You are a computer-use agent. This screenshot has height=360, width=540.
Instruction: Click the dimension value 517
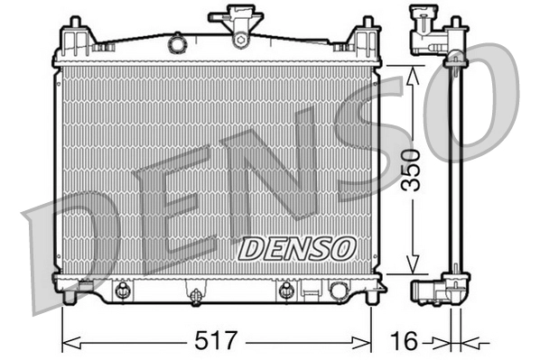pos(217,341)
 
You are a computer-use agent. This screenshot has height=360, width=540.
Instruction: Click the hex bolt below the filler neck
pos(240,38)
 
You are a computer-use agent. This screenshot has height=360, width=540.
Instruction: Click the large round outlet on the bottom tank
pos(340,291)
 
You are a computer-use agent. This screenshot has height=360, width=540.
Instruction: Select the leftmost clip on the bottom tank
pos(121,291)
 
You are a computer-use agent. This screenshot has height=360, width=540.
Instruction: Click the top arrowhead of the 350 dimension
pos(412,69)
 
